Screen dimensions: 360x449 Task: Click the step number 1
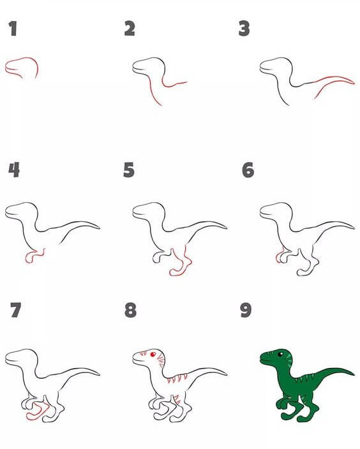pyautogui.click(x=13, y=29)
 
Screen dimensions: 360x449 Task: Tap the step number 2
pyautogui.click(x=130, y=28)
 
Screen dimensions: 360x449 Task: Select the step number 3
pyautogui.click(x=244, y=29)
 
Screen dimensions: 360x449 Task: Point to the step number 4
pyautogui.click(x=14, y=170)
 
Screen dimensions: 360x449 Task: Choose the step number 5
pyautogui.click(x=129, y=170)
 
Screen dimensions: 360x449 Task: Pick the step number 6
pyautogui.click(x=248, y=170)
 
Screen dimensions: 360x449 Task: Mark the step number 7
pyautogui.click(x=16, y=310)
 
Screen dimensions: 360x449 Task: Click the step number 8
pyautogui.click(x=130, y=310)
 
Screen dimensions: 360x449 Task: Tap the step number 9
pyautogui.click(x=246, y=310)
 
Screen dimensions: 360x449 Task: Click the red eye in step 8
pyautogui.click(x=153, y=355)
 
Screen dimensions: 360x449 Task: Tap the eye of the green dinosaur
pyautogui.click(x=280, y=355)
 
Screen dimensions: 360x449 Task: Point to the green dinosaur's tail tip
pyautogui.click(x=354, y=374)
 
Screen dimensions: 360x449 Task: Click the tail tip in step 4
pyautogui.click(x=100, y=228)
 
